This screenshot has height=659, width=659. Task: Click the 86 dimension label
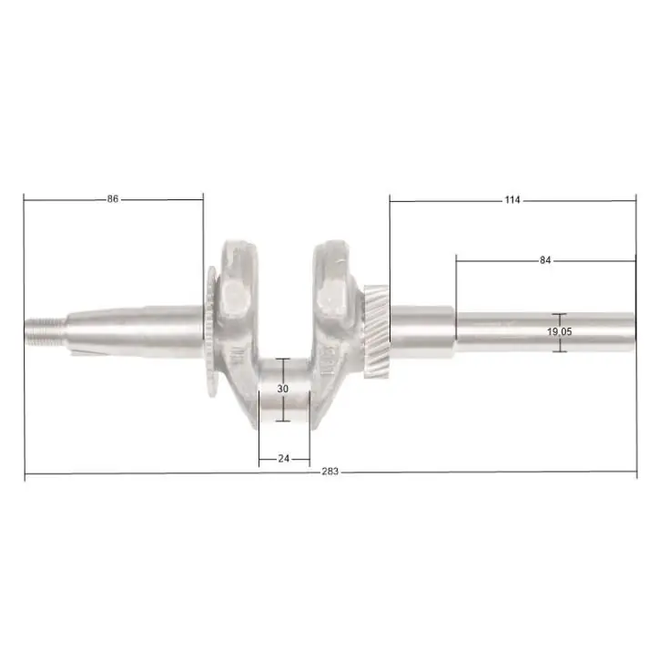113,198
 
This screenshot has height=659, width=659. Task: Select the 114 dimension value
512,200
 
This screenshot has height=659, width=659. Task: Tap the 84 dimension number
545,260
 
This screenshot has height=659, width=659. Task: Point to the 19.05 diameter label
560,332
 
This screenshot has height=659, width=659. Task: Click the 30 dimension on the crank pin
283,389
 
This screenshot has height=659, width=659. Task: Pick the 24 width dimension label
284,459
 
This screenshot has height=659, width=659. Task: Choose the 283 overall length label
329,471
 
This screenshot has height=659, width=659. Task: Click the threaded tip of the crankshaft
45,332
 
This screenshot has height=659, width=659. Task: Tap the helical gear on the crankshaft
376,331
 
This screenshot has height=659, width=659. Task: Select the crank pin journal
285,390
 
